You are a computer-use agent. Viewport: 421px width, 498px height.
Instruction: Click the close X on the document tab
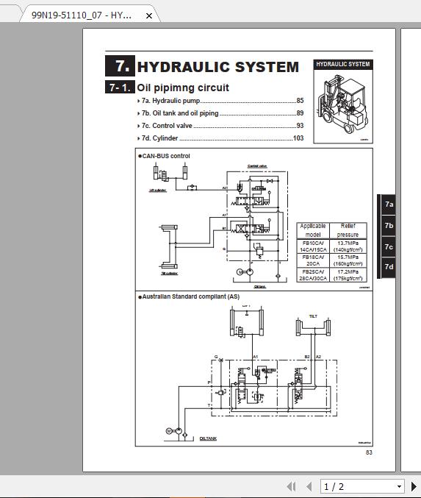point(149,15)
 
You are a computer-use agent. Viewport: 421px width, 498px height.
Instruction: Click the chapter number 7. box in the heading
point(119,66)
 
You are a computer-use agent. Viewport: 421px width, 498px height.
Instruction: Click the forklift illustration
point(343,107)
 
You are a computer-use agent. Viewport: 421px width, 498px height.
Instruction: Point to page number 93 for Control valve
point(300,126)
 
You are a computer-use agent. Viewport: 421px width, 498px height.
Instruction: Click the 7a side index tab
point(388,205)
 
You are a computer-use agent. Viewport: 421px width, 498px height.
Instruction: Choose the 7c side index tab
point(388,246)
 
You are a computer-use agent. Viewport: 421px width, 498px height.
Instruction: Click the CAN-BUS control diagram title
point(166,156)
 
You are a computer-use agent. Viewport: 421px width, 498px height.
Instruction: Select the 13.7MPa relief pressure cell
point(348,246)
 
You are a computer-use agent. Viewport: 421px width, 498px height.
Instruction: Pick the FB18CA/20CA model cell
point(313,260)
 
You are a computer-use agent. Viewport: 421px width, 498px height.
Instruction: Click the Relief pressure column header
point(348,230)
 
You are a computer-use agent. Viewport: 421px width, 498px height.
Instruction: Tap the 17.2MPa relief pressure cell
point(348,274)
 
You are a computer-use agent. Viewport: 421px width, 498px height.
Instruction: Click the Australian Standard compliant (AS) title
point(190,296)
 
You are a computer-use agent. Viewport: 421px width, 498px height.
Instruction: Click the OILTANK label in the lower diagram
point(208,438)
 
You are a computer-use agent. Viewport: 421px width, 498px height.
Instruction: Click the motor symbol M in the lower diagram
point(168,430)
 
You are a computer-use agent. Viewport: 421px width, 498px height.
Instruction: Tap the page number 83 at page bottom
point(369,452)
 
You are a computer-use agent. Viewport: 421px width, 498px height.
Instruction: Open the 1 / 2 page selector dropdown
point(363,486)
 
